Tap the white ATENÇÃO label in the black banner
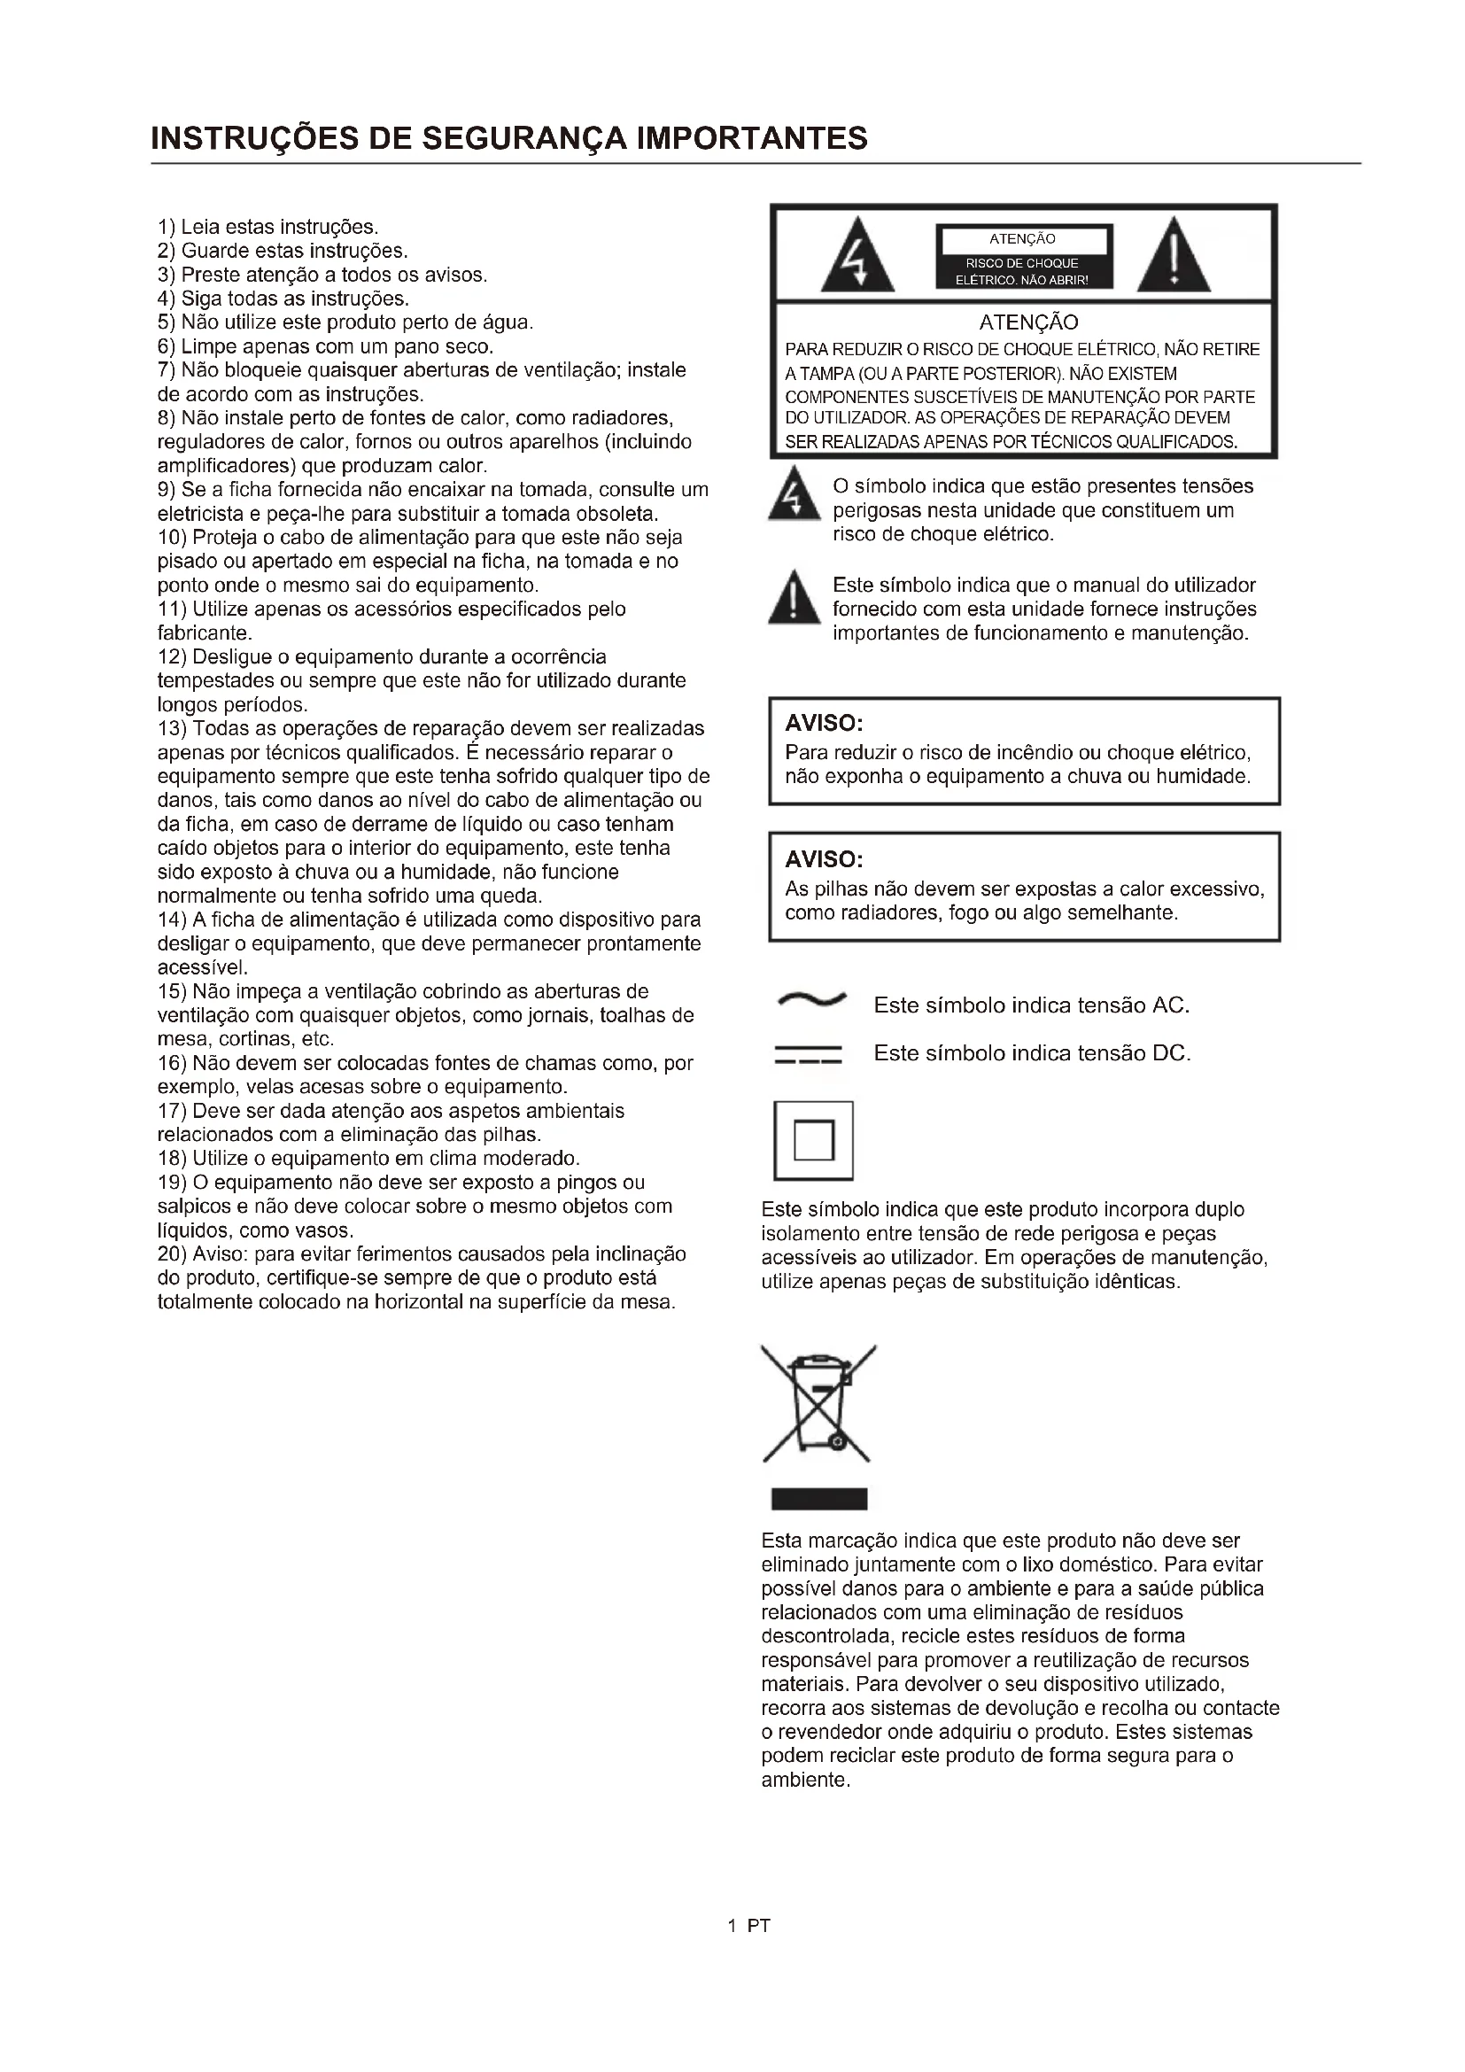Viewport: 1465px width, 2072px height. (1023, 240)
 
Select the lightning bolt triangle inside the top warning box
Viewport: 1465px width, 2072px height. (857, 258)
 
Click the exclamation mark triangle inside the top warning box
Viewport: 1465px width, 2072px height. (1173, 258)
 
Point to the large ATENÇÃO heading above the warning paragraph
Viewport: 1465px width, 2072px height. (1028, 322)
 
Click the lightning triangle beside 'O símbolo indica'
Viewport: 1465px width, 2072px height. (794, 496)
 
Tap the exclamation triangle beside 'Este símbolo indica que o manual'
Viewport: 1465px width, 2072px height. (794, 599)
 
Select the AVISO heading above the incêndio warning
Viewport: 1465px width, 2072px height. (824, 723)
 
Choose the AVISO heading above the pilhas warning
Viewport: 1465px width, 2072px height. (824, 858)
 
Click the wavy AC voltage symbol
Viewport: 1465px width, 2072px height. (811, 999)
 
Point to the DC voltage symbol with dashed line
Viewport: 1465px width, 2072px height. (809, 1054)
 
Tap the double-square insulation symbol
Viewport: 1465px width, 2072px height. (814, 1140)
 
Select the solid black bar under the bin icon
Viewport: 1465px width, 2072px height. (819, 1499)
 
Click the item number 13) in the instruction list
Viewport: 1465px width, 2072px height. (173, 728)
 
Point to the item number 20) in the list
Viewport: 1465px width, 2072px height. (173, 1254)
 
